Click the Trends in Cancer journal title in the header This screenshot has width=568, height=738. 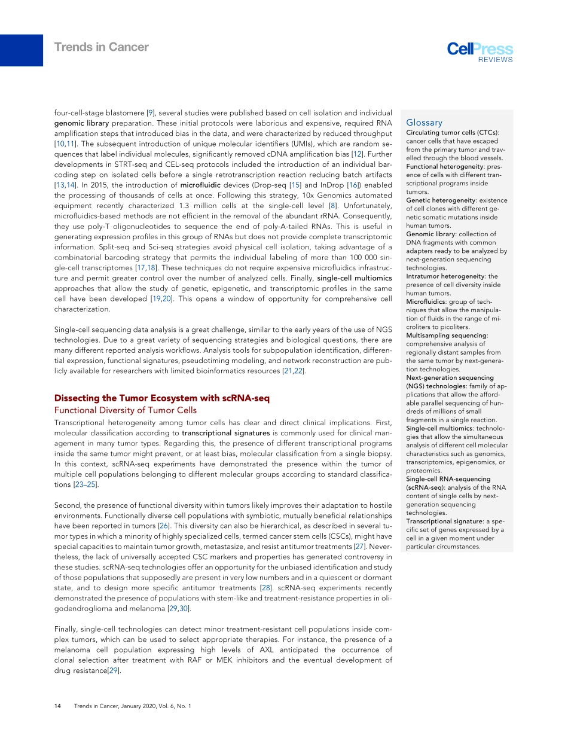[101, 47]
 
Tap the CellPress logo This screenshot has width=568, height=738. [480, 49]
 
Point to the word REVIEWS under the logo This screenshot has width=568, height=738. [495, 60]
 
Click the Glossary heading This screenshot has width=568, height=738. [424, 122]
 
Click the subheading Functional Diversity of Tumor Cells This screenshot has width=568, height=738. [125, 410]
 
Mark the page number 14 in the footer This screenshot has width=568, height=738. [58, 706]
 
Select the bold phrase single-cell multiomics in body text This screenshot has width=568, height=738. [355, 278]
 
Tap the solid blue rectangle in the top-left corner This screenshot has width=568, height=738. [22, 50]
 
